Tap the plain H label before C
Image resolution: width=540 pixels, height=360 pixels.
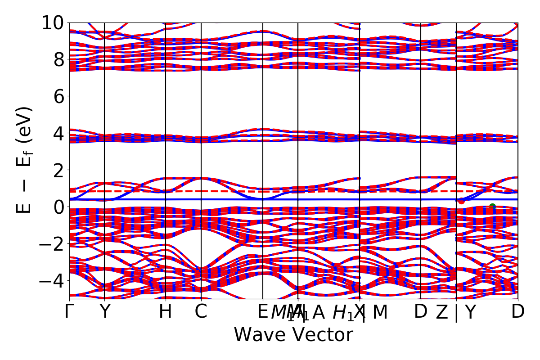166,312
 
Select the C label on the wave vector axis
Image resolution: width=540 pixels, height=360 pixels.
201,312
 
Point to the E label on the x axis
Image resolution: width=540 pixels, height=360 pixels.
263,312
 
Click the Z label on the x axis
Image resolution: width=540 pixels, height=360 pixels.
442,312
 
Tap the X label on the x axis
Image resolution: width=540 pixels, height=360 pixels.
359,312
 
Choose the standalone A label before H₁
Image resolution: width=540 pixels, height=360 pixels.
319,312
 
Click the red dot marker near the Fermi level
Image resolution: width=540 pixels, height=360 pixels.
461,201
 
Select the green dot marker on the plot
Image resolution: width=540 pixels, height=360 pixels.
492,207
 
